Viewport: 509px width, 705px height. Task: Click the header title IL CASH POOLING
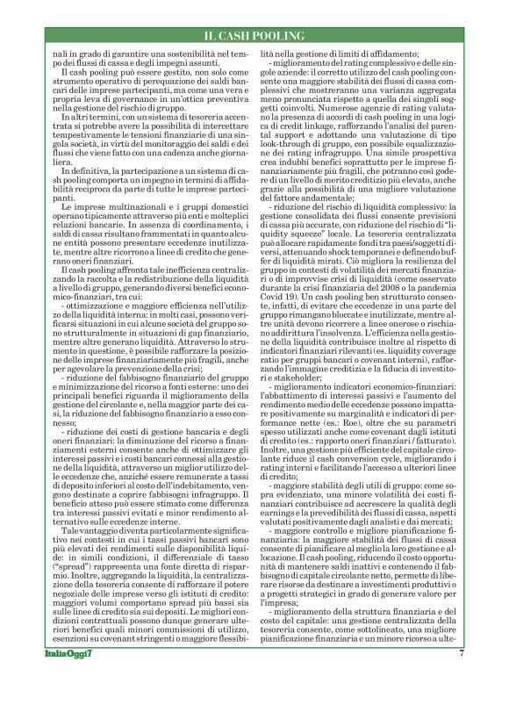[254, 35]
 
